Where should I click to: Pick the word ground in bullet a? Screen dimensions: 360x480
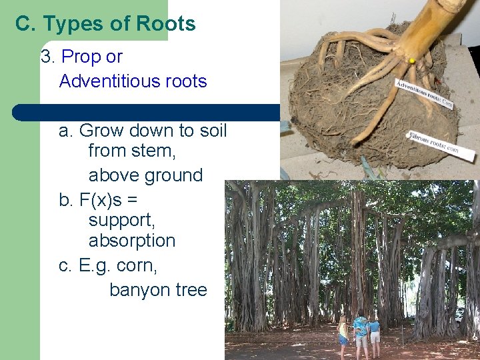(x=171, y=175)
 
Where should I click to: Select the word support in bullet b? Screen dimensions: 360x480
(x=121, y=219)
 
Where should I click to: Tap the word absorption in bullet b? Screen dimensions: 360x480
(x=131, y=241)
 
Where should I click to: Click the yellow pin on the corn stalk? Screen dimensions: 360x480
(x=412, y=61)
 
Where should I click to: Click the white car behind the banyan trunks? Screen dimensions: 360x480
(x=459, y=313)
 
